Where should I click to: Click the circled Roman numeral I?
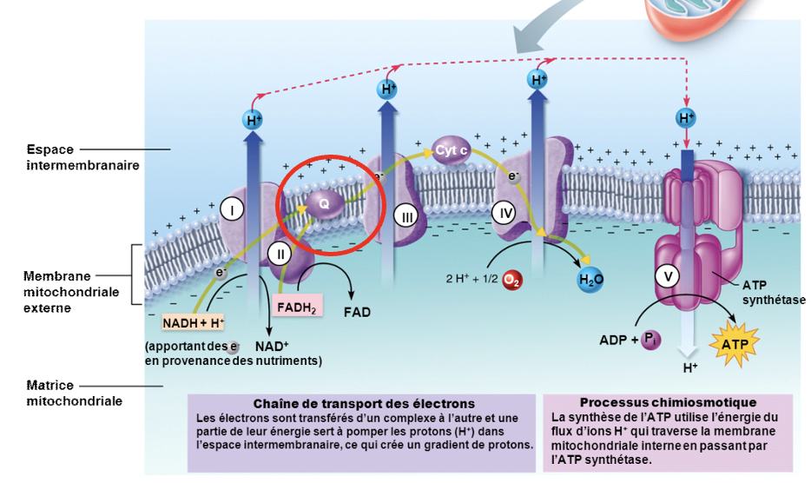coord(231,208)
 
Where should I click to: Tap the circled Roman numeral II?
coord(279,254)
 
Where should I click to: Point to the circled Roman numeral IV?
coord(504,211)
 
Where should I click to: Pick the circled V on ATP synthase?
coord(668,276)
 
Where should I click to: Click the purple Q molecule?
coord(324,203)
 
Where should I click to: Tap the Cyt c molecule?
coord(452,150)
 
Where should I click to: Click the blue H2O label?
coord(590,280)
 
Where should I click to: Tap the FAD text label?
coord(357,312)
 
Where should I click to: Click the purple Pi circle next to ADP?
coord(650,340)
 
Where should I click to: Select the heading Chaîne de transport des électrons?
coord(364,404)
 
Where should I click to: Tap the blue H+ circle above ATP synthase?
coord(687,117)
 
